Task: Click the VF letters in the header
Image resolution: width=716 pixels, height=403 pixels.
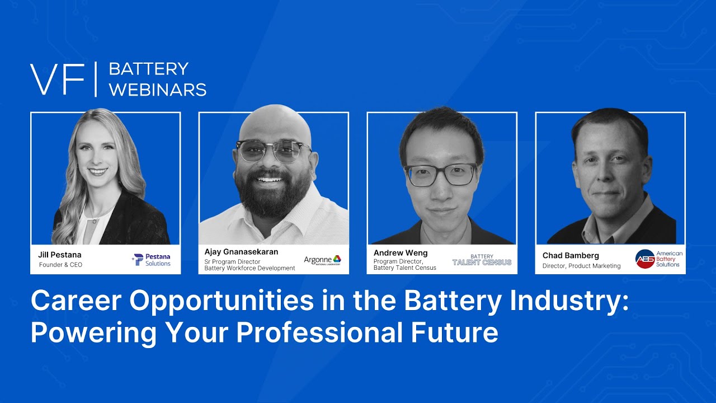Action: pyautogui.click(x=57, y=79)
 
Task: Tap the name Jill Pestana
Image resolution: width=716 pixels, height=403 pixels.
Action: pyautogui.click(x=60, y=255)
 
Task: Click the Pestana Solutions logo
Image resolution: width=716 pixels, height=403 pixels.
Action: pyautogui.click(x=152, y=260)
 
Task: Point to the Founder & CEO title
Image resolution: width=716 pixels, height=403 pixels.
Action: pyautogui.click(x=60, y=265)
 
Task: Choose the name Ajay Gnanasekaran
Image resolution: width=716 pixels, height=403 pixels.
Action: pyautogui.click(x=241, y=252)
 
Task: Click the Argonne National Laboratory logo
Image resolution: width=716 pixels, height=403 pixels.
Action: pyautogui.click(x=322, y=260)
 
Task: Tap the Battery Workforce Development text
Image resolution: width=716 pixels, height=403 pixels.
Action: pyautogui.click(x=249, y=268)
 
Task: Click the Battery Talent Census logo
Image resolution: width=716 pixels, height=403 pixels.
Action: pyautogui.click(x=482, y=260)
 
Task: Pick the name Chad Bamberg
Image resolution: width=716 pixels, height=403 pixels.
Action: pyautogui.click(x=571, y=256)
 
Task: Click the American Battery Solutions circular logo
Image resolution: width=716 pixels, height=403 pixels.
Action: pyautogui.click(x=645, y=259)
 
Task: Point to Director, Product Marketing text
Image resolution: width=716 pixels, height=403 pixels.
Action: pyautogui.click(x=581, y=266)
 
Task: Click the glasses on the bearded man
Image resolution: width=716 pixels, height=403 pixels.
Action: pyautogui.click(x=274, y=152)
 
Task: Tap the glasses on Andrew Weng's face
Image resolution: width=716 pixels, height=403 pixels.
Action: pyautogui.click(x=441, y=174)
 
